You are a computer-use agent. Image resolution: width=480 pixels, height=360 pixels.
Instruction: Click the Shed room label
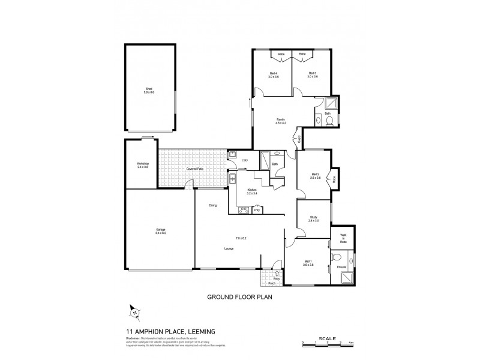tap(149, 91)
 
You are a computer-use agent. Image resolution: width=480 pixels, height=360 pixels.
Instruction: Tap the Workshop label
tap(143, 165)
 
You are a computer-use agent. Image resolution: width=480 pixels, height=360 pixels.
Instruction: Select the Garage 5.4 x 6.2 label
tap(161, 231)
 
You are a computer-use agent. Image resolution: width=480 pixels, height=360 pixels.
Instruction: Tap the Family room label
tap(280, 121)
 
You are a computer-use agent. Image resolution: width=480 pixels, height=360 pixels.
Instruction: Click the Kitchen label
tap(252, 191)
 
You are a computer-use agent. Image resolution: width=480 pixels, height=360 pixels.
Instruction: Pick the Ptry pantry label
tap(257, 210)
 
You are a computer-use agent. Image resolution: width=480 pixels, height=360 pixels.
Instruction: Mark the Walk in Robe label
tap(344, 238)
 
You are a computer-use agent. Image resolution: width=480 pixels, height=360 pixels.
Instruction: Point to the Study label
tap(313, 220)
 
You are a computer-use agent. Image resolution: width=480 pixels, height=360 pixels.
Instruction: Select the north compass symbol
tap(134, 311)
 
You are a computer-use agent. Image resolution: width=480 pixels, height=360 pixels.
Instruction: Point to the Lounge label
tap(229, 248)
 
